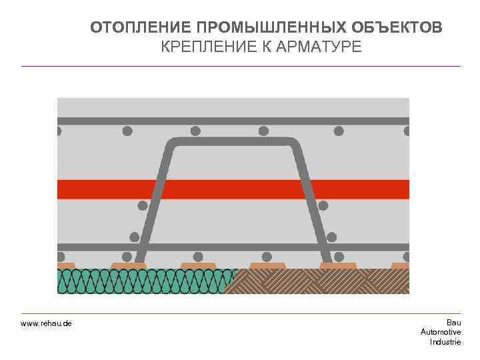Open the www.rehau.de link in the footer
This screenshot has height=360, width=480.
46,323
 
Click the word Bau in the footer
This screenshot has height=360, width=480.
453,323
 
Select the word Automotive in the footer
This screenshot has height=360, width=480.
441,332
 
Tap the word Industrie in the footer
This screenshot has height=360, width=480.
445,341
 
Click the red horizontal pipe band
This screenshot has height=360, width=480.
233,189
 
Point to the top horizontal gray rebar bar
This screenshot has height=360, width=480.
233,121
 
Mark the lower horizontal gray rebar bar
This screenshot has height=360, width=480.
233,247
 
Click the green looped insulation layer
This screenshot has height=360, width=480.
143,281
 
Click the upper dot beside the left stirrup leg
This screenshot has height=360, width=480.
142,205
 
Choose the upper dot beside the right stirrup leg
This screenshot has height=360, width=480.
324,205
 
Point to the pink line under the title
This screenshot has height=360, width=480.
241,66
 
